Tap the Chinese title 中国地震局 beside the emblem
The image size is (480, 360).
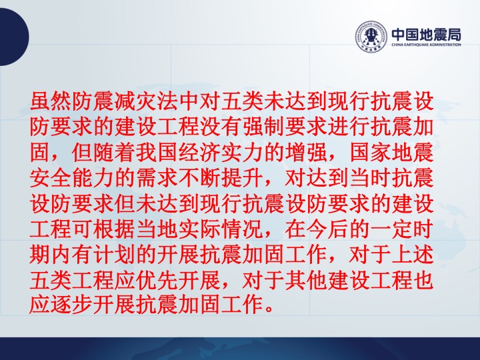[x=427, y=34]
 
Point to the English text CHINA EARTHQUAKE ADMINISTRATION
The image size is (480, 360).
[x=427, y=45]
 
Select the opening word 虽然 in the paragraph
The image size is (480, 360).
[x=51, y=101]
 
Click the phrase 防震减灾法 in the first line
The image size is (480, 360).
[x=125, y=101]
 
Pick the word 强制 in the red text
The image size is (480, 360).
[x=263, y=127]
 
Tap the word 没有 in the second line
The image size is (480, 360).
[x=221, y=127]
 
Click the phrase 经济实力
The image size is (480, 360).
[x=221, y=153]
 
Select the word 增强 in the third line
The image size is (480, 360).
[x=306, y=153]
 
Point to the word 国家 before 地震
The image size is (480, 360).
[x=370, y=153]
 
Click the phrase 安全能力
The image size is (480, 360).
[x=71, y=178]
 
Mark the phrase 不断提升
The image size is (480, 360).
[x=221, y=178]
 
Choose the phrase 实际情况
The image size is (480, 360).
[x=221, y=229]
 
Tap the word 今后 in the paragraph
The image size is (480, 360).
[x=327, y=229]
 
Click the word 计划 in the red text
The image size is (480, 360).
[x=114, y=255]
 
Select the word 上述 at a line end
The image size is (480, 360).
[x=413, y=255]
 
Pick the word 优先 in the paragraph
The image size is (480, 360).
[x=157, y=281]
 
